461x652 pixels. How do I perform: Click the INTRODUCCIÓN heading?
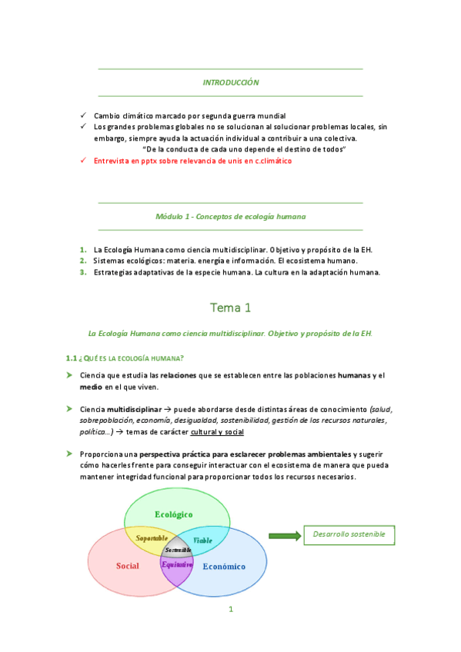coord(230,82)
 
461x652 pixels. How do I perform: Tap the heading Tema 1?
coord(230,308)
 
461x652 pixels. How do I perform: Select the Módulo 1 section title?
coord(230,217)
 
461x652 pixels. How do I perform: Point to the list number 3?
coord(82,271)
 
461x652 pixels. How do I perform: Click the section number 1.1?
coord(72,358)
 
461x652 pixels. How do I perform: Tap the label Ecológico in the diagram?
coord(173,514)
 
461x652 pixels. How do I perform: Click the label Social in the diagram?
coord(127,566)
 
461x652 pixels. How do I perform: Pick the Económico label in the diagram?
coord(223,567)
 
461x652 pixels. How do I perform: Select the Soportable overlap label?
coord(152,538)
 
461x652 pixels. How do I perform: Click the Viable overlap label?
coord(202,540)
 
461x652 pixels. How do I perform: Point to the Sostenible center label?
coord(178,551)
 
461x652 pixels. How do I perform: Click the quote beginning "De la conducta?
coord(244,149)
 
